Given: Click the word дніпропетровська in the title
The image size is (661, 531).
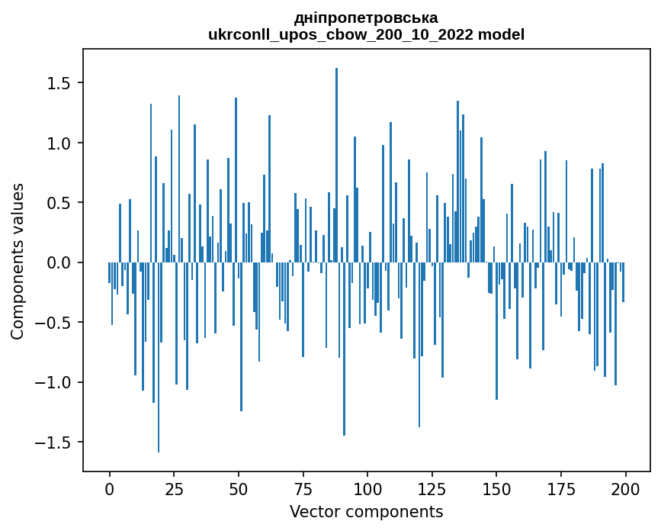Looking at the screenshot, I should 366,18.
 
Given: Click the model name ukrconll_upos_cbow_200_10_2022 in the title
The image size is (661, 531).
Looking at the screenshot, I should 339,34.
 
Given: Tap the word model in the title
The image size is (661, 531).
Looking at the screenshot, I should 501,34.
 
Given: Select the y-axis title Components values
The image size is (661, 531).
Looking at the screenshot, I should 18,261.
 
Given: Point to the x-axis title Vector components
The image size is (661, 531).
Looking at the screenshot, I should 366,511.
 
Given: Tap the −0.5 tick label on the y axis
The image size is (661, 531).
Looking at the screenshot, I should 55,323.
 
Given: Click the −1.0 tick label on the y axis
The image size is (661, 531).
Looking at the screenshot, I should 55,382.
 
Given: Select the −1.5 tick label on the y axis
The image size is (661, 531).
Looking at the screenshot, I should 55,443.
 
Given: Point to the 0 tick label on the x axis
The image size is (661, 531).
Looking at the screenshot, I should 109,488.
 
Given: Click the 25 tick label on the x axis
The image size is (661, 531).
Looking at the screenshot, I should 174,488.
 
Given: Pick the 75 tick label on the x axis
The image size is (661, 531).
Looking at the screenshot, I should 303,488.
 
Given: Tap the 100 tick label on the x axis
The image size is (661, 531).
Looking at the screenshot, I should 367,488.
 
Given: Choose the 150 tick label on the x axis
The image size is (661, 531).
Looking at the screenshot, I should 496,488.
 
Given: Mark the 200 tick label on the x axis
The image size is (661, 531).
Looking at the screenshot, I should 625,488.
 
